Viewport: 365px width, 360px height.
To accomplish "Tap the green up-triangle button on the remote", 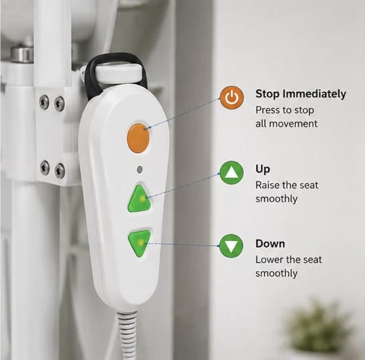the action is (x=140, y=199).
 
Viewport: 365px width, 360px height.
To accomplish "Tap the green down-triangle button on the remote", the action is (x=140, y=243).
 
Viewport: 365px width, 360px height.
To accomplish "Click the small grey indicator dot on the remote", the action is (x=140, y=170).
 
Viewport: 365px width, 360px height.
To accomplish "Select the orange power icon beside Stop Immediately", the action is (x=231, y=98).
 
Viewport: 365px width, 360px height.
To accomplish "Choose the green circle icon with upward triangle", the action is (x=231, y=173).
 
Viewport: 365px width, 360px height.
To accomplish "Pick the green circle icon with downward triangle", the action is (x=231, y=246).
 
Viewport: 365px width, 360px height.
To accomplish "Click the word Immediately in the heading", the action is (x=314, y=94).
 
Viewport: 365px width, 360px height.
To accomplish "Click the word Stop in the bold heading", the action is (x=267, y=94).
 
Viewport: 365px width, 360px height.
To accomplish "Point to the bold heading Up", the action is (x=263, y=169).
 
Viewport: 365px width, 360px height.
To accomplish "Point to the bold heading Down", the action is (x=270, y=244).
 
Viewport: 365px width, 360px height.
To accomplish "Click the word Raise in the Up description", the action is (x=267, y=185).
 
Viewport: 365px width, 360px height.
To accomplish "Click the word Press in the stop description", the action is (x=267, y=110).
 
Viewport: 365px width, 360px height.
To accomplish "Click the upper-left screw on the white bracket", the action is (x=44, y=101).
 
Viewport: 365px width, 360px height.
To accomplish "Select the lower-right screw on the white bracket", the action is (x=59, y=170).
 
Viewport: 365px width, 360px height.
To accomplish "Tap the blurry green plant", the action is (x=320, y=327).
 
